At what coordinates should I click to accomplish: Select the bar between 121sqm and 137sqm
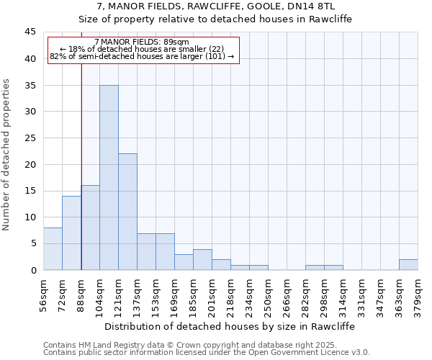point(127,212)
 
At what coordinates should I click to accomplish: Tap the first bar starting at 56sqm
point(53,248)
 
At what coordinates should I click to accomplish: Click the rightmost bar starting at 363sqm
point(408,264)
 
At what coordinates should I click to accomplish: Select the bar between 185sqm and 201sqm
point(202,259)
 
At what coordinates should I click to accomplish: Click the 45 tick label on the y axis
point(30,32)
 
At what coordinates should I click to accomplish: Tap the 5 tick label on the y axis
point(32,243)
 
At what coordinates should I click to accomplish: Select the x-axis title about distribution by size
point(230,326)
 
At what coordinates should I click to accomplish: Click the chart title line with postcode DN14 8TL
point(215,6)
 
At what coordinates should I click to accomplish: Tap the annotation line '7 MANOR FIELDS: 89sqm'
point(141,42)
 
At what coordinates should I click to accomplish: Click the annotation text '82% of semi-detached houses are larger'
point(141,56)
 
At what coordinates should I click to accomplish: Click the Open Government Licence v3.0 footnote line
point(207,353)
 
